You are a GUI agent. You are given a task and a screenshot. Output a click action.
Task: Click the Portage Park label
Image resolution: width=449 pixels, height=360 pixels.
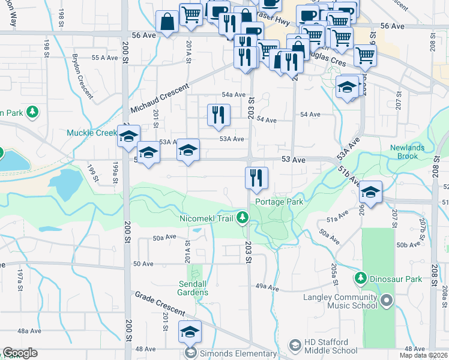tap(279, 202)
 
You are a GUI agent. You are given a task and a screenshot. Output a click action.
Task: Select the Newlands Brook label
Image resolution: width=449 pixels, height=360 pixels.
tap(407, 152)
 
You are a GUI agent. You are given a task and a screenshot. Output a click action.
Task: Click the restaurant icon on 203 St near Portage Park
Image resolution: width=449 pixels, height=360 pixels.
tap(256, 177)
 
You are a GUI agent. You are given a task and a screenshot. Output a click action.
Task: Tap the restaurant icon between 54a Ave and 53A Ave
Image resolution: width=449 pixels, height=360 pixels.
tap(218, 115)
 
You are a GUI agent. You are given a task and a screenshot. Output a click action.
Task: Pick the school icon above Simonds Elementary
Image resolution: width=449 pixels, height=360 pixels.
tap(190, 331)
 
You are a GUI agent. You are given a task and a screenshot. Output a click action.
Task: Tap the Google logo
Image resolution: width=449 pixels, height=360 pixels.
tap(20, 353)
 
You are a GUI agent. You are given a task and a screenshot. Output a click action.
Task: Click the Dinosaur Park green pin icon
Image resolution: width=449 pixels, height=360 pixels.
tap(361, 278)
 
